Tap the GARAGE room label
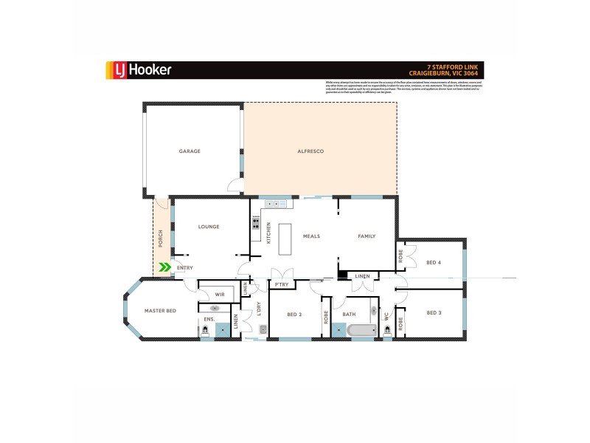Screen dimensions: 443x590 (x=190, y=151)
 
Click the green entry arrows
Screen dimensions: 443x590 (x=166, y=267)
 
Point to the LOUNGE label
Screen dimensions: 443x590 (x=209, y=227)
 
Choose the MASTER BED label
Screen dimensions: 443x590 (x=160, y=312)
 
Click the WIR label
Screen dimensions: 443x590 (x=219, y=294)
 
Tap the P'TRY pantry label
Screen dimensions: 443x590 (x=281, y=284)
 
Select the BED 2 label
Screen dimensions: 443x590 (x=294, y=315)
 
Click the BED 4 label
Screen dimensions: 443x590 (x=434, y=263)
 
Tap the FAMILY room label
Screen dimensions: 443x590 (x=367, y=236)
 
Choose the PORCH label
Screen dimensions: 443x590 (x=161, y=238)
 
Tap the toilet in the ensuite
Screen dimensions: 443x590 (x=205, y=332)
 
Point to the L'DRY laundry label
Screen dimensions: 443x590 (x=260, y=312)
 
